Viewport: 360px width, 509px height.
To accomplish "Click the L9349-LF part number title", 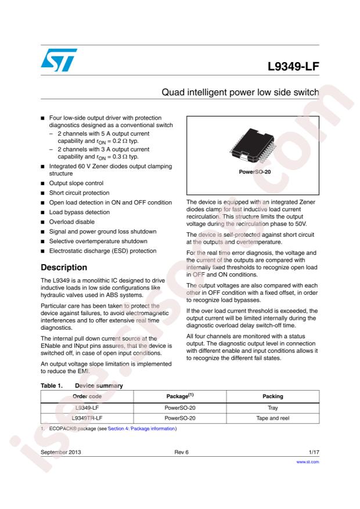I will [293, 67].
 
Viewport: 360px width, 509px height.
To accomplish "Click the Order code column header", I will [87, 396].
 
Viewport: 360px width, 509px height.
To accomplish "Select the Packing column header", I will [272, 396].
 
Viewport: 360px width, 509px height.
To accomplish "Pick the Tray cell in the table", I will [272, 407].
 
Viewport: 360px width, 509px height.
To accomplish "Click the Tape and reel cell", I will [272, 418].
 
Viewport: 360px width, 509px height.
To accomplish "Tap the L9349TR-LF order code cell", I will [87, 418].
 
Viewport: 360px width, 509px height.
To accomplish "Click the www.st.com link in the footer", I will [308, 463].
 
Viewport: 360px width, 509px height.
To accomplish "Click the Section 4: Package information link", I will [142, 429].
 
